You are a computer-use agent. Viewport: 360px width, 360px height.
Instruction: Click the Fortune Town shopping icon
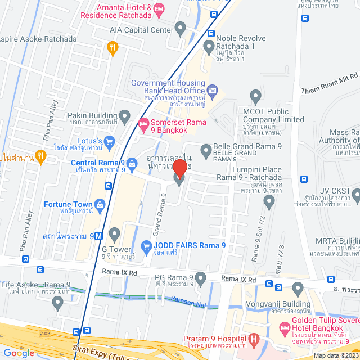coord(100,204)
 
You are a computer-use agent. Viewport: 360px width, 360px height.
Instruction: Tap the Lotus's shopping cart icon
coord(109,141)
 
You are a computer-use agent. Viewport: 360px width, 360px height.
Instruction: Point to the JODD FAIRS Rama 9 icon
coord(146,245)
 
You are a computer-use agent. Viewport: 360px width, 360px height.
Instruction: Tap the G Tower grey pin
coord(114,233)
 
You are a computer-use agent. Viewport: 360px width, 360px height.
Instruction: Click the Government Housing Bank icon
coord(212,89)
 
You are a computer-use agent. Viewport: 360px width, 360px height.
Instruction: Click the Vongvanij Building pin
coord(298,290)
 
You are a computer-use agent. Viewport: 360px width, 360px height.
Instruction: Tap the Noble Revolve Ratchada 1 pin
coord(209,46)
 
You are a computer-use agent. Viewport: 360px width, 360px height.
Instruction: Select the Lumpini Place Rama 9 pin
coord(268,201)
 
